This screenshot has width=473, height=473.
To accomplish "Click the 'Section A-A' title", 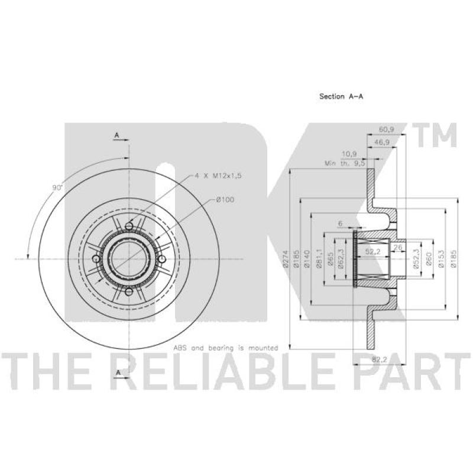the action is (x=341, y=96).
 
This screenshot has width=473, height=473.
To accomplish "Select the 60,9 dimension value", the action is (x=387, y=129).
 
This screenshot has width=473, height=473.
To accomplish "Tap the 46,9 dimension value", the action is (x=382, y=142).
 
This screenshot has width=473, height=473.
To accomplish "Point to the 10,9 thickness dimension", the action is (x=349, y=154).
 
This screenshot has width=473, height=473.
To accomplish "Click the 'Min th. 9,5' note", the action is (x=345, y=163).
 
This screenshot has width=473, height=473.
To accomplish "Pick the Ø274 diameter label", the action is (x=286, y=259).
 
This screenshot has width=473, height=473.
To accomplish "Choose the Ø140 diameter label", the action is (x=307, y=259).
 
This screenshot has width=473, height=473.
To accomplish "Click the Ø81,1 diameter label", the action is (x=319, y=258).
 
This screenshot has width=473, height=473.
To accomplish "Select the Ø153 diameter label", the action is (x=442, y=259).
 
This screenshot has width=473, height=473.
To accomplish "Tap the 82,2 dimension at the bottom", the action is (x=380, y=359).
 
